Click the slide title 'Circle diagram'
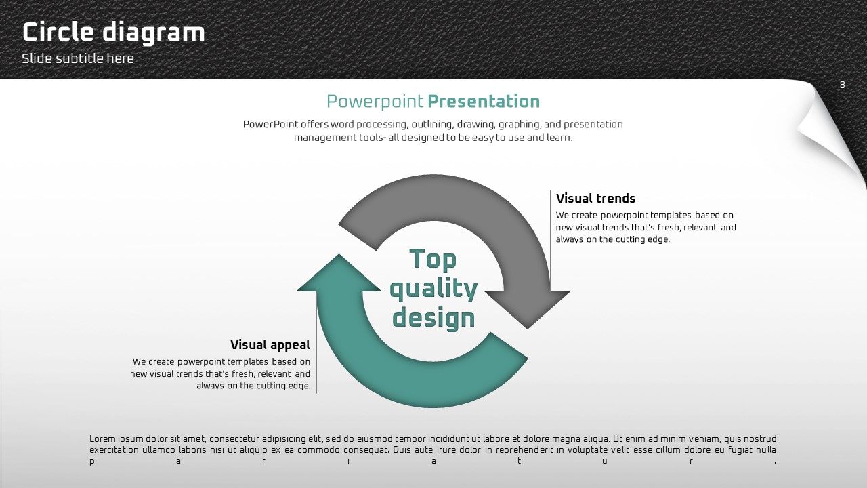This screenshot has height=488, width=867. tap(113, 33)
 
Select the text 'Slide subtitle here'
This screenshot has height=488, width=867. tap(78, 58)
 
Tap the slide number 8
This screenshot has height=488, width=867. tap(842, 85)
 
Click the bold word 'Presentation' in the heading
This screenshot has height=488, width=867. tap(484, 102)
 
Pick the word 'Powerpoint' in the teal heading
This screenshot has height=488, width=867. tap(375, 102)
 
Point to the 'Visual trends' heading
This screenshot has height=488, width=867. tap(595, 199)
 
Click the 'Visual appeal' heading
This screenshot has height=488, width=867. tap(270, 345)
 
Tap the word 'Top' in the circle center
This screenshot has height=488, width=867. tap(433, 260)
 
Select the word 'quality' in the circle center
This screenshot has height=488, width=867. tap(433, 289)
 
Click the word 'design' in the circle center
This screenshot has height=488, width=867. tap(433, 318)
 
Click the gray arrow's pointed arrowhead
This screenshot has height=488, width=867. tap(528, 310)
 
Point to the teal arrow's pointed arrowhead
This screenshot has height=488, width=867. tap(339, 272)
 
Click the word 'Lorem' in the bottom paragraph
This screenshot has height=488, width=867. tap(102, 439)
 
